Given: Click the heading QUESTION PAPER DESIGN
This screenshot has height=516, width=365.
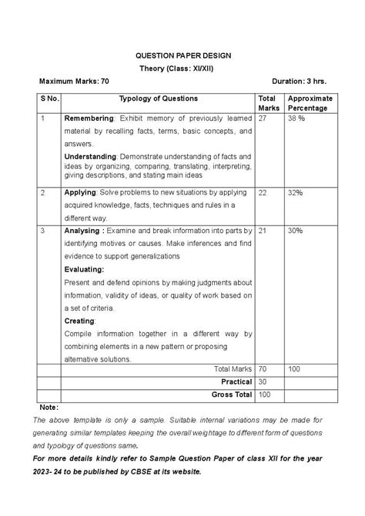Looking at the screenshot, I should pyautogui.click(x=182, y=56).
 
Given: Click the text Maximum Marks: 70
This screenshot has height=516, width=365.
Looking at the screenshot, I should pyautogui.click(x=74, y=81).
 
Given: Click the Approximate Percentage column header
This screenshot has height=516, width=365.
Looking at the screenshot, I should pyautogui.click(x=309, y=103).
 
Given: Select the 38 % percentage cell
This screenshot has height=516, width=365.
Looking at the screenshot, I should pyautogui.click(x=296, y=119).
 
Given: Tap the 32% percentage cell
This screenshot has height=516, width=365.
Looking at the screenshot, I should pyautogui.click(x=295, y=192).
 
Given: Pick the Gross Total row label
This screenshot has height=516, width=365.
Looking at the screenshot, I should pyautogui.click(x=232, y=394).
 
